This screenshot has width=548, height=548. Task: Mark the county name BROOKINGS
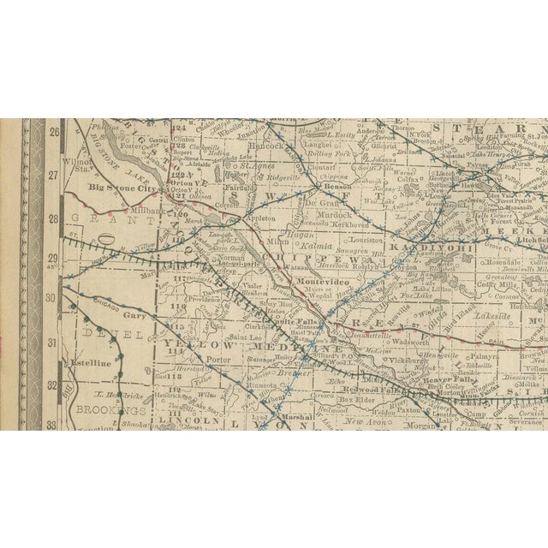tap(100, 409)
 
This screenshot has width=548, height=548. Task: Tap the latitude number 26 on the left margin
tap(53, 133)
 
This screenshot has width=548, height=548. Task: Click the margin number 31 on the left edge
tap(53, 342)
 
